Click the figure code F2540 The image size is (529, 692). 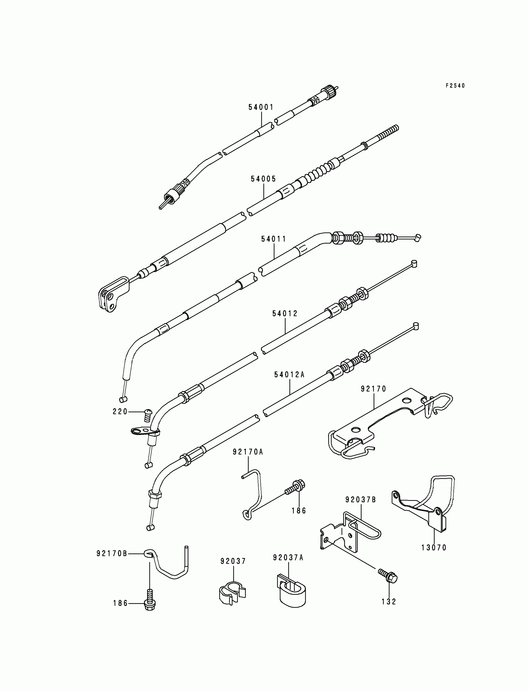point(455,86)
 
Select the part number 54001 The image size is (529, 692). point(261,107)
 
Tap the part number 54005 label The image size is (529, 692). point(263,179)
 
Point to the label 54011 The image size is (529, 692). point(274,239)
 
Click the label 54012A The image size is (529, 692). point(289,375)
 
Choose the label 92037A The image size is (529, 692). point(288,558)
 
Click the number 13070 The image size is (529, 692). point(434,548)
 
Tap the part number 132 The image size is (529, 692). point(389,602)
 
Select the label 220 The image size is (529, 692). point(120,412)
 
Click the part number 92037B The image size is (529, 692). point(361,500)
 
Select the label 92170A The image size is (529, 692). point(248,452)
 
